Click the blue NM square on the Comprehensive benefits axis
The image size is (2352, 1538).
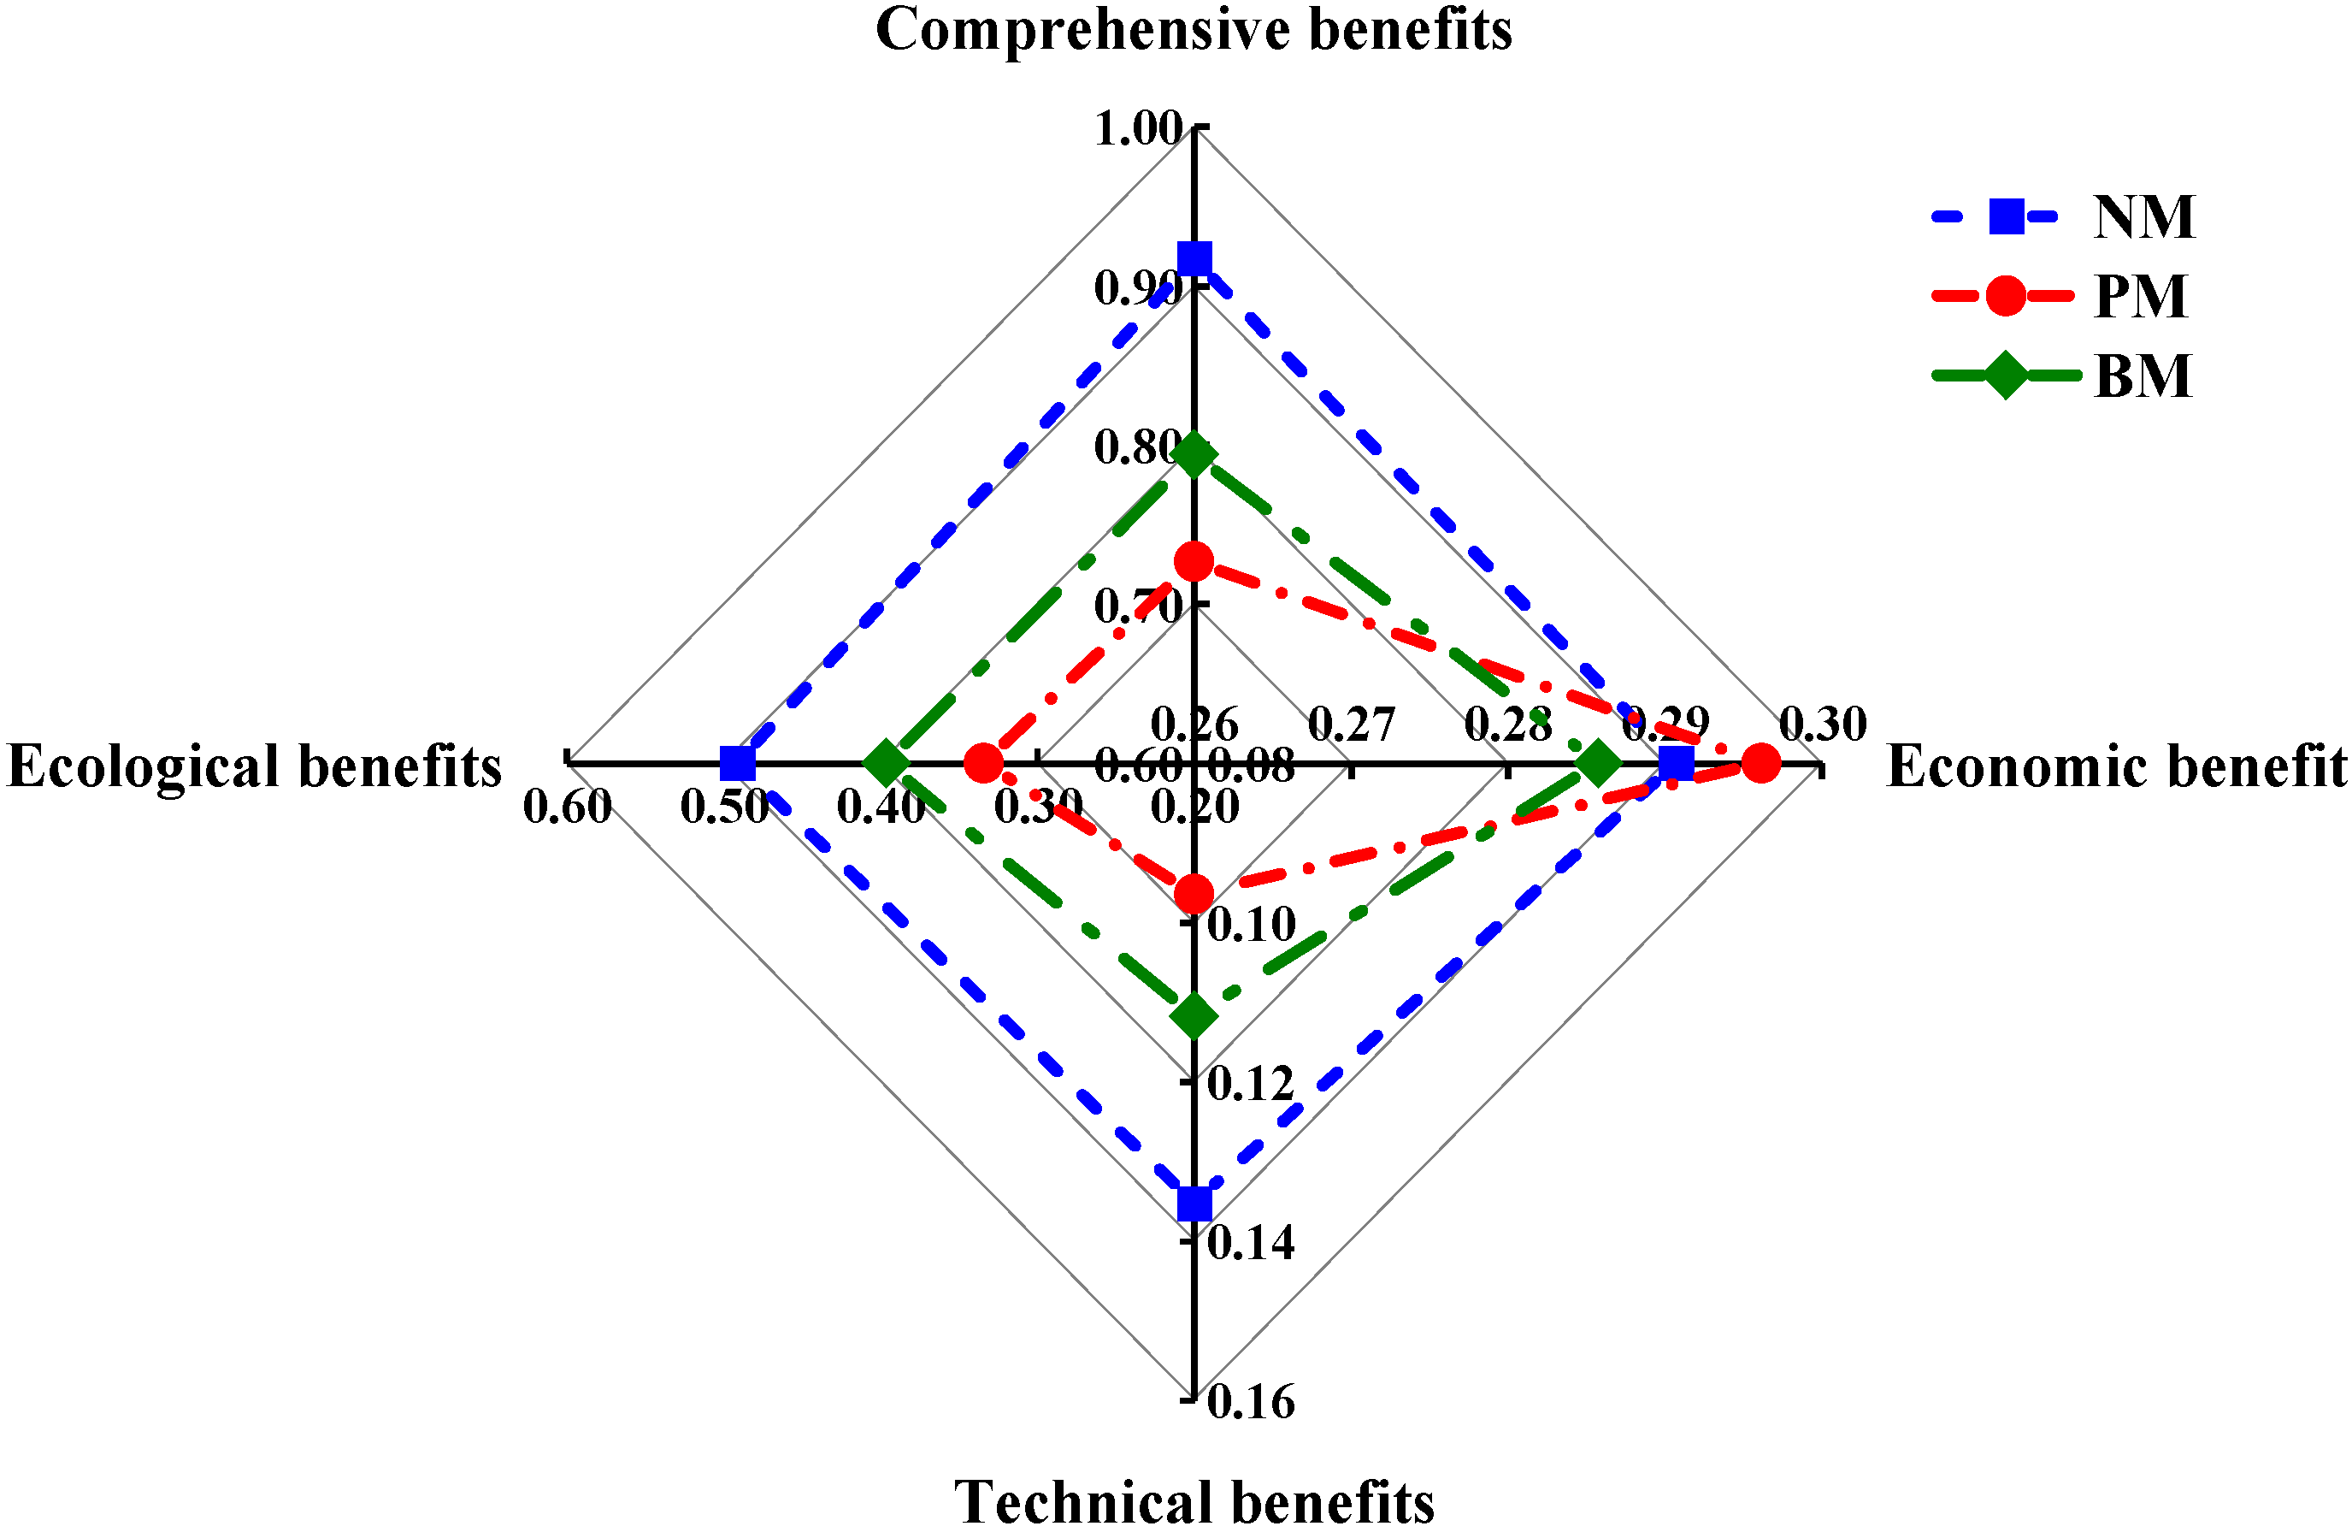[1194, 259]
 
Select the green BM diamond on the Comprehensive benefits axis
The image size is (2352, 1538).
[1194, 456]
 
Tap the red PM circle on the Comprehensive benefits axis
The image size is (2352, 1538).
[1194, 561]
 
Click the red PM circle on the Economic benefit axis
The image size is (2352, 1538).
[1761, 762]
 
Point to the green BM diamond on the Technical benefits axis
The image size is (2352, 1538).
[1194, 1015]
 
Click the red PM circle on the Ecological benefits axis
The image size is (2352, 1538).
[983, 762]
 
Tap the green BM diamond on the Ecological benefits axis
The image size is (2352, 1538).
[887, 762]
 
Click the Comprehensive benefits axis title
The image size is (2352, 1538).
[1194, 30]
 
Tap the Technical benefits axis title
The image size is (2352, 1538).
[1194, 1502]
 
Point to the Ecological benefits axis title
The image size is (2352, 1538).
[255, 766]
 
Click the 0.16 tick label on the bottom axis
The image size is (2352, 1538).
[1251, 1402]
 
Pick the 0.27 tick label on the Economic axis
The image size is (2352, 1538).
[1351, 725]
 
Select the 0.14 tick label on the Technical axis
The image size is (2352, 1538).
[1251, 1242]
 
